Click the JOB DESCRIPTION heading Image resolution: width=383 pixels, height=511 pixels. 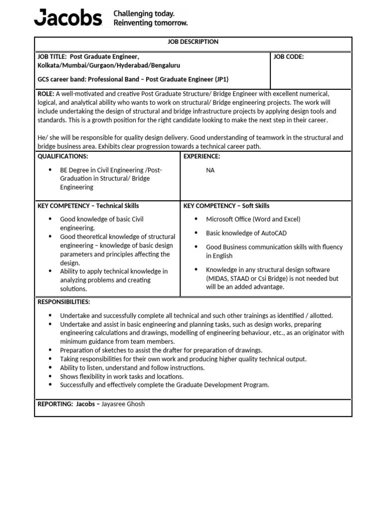(x=193, y=42)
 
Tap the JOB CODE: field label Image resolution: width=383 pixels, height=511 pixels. (x=289, y=57)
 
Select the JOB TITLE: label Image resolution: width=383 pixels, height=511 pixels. (x=52, y=57)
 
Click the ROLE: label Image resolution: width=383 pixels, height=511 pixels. (x=46, y=94)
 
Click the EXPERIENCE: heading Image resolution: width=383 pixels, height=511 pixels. (x=202, y=157)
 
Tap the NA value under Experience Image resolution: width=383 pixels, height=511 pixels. (x=210, y=170)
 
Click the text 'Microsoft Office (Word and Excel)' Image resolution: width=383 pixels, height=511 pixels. (x=253, y=219)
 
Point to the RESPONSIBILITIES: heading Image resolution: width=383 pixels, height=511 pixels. (x=64, y=302)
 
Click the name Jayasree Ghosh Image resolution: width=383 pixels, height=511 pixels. (x=123, y=404)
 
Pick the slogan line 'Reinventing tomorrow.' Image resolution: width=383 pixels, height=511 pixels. (x=151, y=23)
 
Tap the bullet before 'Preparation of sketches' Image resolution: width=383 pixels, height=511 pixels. (x=50, y=351)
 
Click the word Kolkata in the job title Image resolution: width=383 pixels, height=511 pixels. (x=48, y=65)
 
